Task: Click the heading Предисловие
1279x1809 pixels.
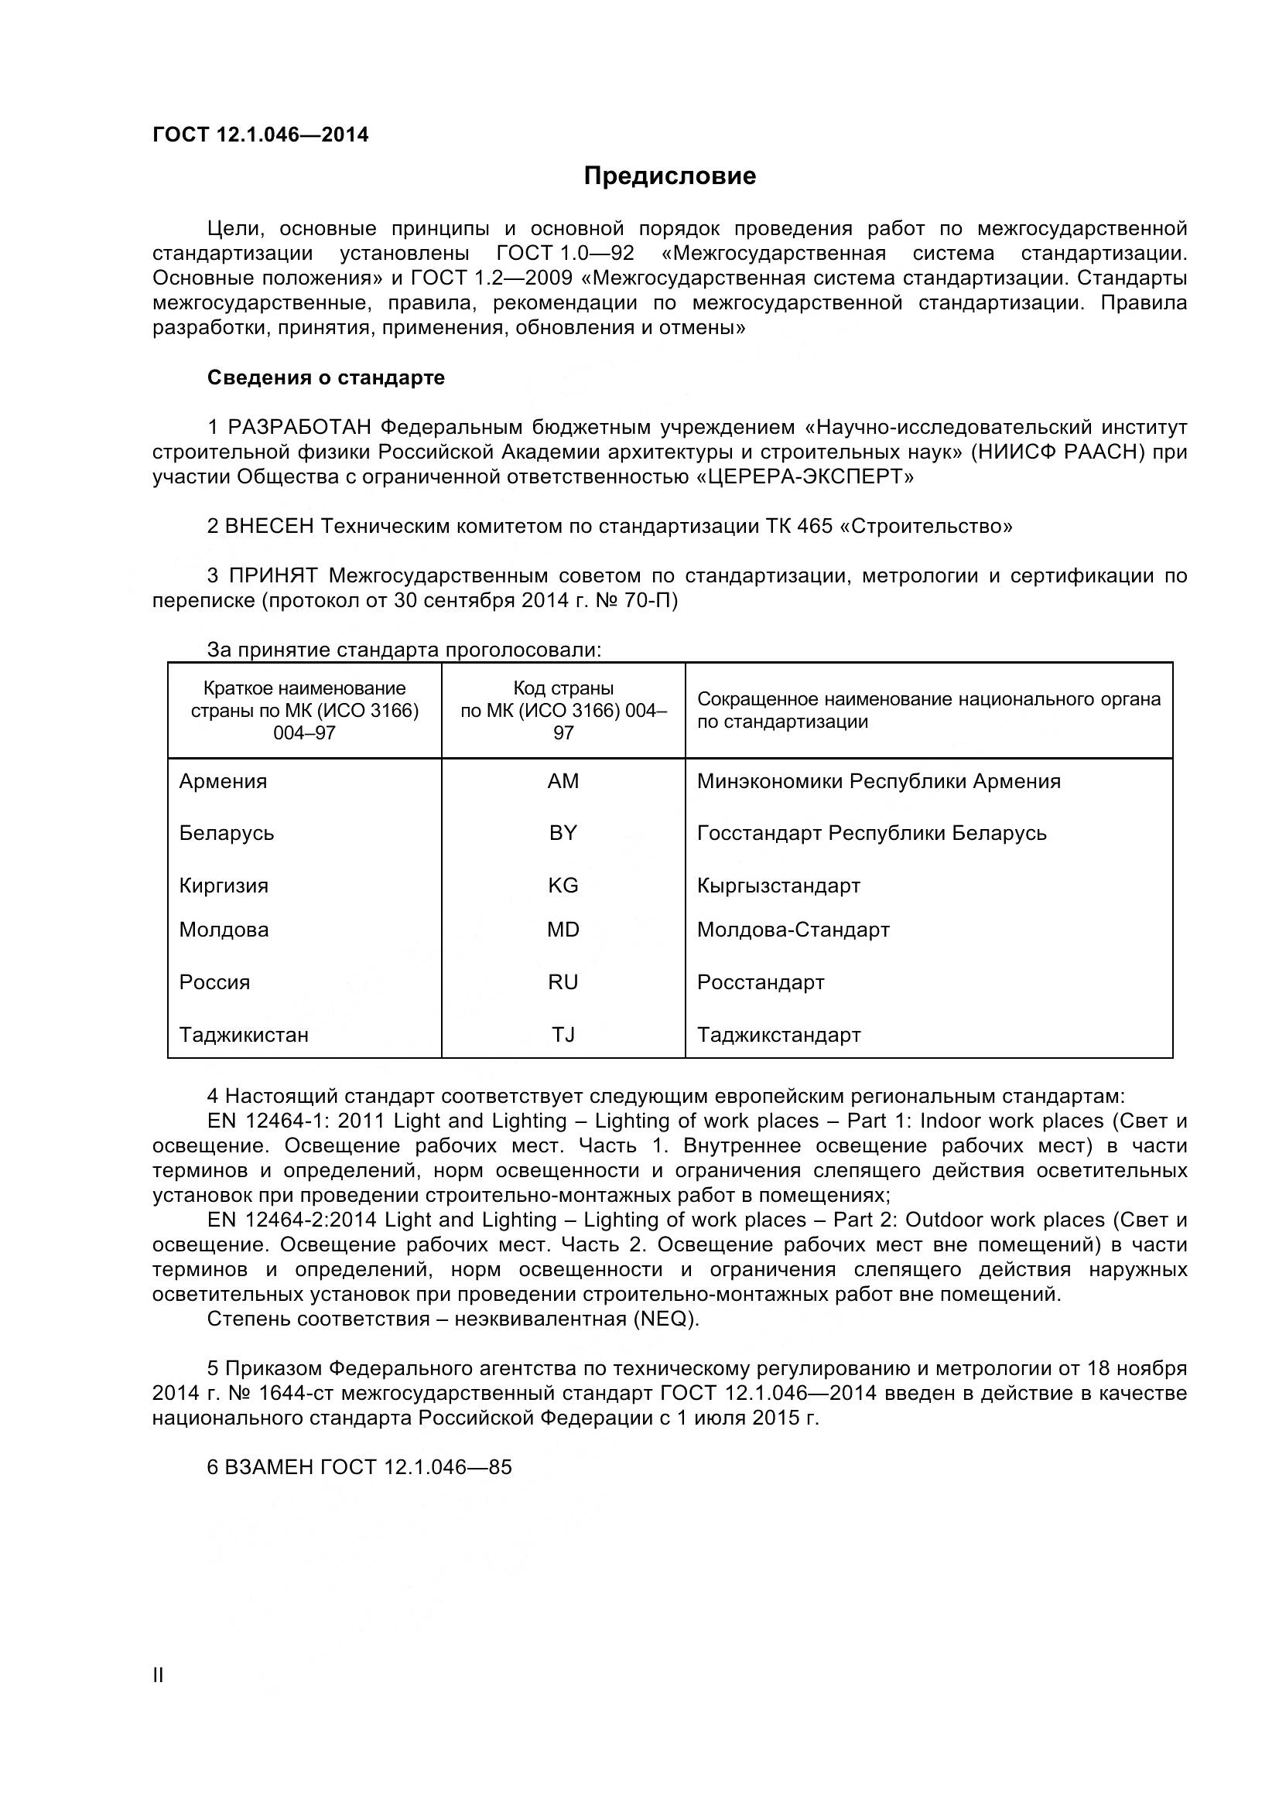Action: (x=669, y=176)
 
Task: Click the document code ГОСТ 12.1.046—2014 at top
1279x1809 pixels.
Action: (x=260, y=135)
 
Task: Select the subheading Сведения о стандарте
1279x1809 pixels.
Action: (x=326, y=377)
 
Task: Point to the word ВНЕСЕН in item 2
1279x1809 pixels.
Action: (x=268, y=527)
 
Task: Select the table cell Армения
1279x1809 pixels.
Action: (x=223, y=781)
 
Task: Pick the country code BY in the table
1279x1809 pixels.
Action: (x=563, y=833)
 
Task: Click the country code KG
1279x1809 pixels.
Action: (x=563, y=885)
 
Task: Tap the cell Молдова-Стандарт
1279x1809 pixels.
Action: (x=793, y=930)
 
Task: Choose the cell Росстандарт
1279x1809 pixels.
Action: (x=761, y=982)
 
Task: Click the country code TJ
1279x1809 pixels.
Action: (x=563, y=1035)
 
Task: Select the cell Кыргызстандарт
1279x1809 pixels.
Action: (x=778, y=886)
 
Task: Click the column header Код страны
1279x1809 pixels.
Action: (x=563, y=688)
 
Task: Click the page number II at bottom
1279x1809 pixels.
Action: (x=159, y=1696)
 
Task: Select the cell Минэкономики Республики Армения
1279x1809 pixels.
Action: (x=879, y=781)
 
